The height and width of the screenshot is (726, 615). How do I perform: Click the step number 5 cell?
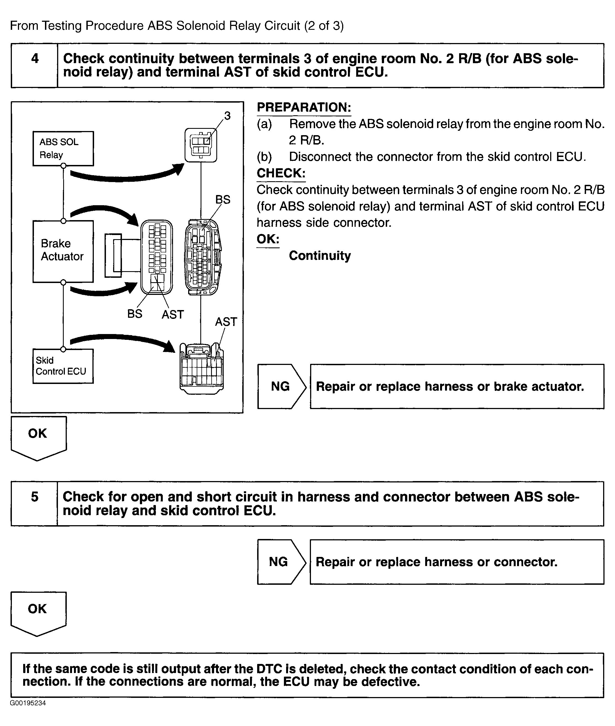34,503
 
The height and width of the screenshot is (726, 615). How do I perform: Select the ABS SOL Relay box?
63,148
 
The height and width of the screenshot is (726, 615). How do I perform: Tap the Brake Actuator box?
63,251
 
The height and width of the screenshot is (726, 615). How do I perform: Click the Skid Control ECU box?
63,366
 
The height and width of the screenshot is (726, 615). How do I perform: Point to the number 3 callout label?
227,116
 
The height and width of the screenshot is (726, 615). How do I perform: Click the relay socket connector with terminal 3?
201,145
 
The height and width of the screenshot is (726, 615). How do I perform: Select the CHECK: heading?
281,173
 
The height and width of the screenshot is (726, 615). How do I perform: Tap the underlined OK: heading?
268,239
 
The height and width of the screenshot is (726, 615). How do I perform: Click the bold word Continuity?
320,256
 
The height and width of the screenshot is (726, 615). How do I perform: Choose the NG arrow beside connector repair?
281,562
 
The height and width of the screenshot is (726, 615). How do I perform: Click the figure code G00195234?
28,703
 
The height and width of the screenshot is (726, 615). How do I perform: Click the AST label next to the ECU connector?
226,322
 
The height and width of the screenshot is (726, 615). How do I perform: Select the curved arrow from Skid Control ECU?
122,341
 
